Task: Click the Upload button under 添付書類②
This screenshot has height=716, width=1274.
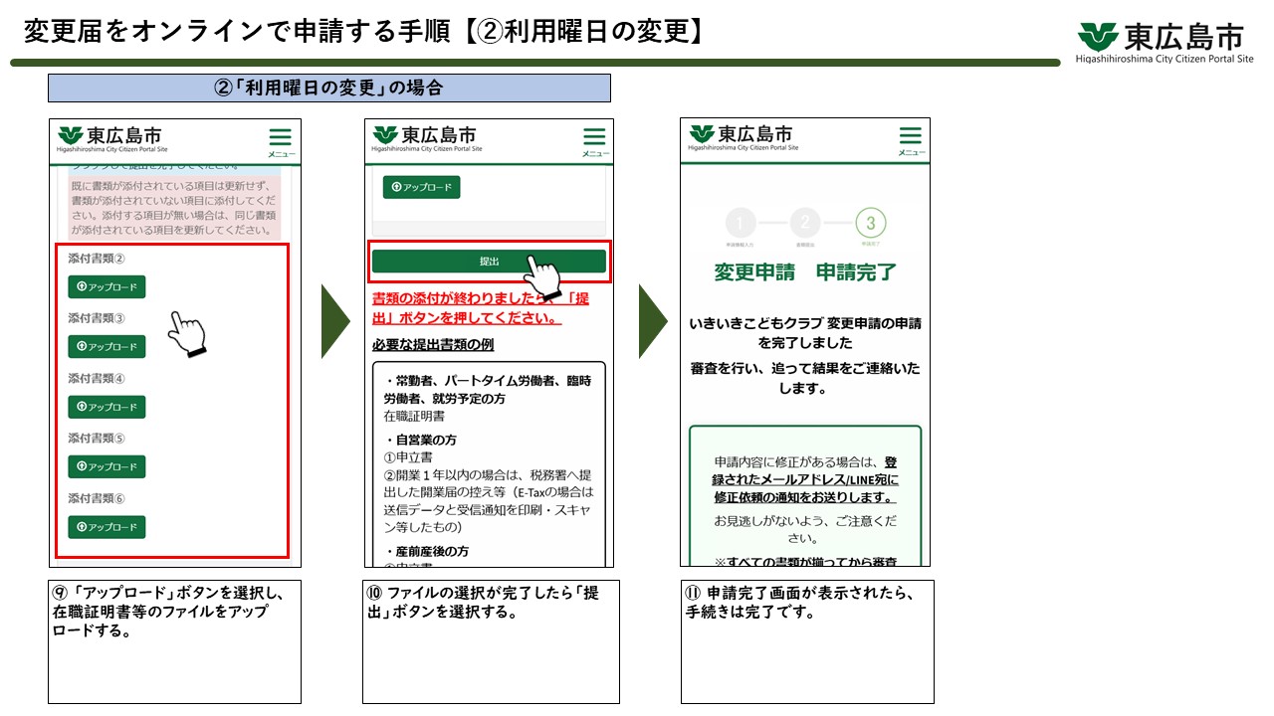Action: click(x=106, y=287)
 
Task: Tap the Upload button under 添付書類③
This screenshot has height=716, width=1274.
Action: click(x=106, y=347)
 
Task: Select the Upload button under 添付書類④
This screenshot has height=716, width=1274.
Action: click(x=106, y=407)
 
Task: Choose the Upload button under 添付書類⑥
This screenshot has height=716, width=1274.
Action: click(x=106, y=527)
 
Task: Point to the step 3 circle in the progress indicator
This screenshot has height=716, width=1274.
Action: click(x=870, y=223)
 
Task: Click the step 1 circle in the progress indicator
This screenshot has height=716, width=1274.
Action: click(x=741, y=223)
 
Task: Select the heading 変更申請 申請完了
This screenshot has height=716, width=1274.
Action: click(x=805, y=272)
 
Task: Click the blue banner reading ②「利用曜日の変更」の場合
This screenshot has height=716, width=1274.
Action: click(x=328, y=88)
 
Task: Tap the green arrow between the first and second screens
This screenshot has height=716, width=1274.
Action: click(x=335, y=321)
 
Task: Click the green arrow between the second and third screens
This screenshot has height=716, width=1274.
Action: click(x=652, y=321)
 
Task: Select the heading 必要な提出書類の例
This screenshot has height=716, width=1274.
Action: click(x=433, y=345)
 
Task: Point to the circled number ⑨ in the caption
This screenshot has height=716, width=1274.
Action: click(x=61, y=593)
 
